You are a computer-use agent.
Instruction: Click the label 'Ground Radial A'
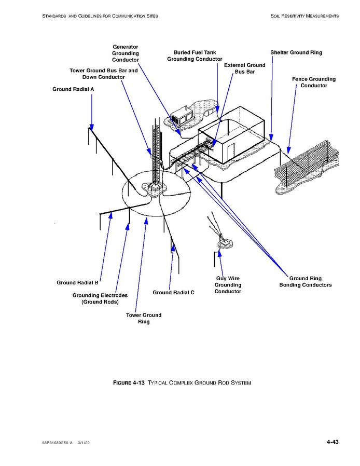pos(73,89)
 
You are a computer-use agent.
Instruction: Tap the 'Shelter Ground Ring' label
pos(296,52)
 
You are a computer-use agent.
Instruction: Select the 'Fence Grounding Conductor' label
pos(313,82)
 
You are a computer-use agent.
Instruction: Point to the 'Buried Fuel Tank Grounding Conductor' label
pos(195,56)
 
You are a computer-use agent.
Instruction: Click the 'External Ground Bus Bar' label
pos(244,68)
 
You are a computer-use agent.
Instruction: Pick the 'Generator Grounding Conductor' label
pos(126,53)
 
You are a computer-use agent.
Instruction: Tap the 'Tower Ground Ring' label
pos(144,318)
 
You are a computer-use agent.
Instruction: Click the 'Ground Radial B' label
pos(77,283)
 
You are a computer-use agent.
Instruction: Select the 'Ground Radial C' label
pos(173,293)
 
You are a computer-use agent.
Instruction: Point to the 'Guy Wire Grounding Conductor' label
pos(228,285)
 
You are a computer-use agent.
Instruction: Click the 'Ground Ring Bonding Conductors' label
pos(306,282)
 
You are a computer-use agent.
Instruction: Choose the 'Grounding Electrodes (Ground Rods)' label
pos(100,298)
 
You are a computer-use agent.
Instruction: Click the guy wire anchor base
pos(224,241)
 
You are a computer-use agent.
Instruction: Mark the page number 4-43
pos(333,442)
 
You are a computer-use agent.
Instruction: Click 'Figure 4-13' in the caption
pos(128,383)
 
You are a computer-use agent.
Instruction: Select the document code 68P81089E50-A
pos(58,443)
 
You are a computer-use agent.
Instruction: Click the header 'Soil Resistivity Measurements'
pos(304,16)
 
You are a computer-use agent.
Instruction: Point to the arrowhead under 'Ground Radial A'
pos(91,128)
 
